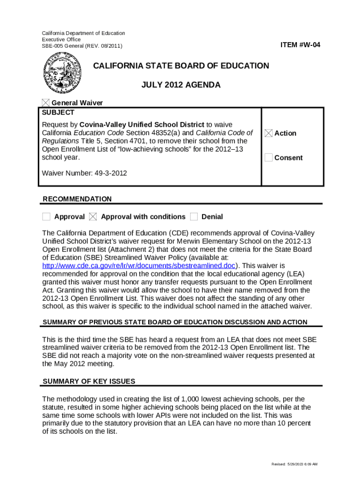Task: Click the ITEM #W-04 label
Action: click(300, 45)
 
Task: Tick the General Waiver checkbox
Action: click(46, 103)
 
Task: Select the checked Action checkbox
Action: click(268, 133)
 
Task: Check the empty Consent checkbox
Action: click(268, 158)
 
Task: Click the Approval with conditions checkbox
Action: click(93, 217)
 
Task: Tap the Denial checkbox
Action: click(194, 217)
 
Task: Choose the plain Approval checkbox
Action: click(46, 217)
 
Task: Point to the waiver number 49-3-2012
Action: click(84, 173)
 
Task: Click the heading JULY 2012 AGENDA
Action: click(181, 85)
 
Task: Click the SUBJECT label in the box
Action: click(58, 113)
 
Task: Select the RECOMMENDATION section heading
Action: click(77, 199)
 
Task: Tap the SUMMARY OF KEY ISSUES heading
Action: click(89, 381)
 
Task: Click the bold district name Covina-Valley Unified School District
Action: click(142, 124)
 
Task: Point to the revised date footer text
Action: click(295, 464)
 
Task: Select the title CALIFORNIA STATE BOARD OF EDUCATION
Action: click(181, 65)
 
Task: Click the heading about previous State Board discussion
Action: click(175, 322)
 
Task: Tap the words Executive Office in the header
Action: click(61, 40)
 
